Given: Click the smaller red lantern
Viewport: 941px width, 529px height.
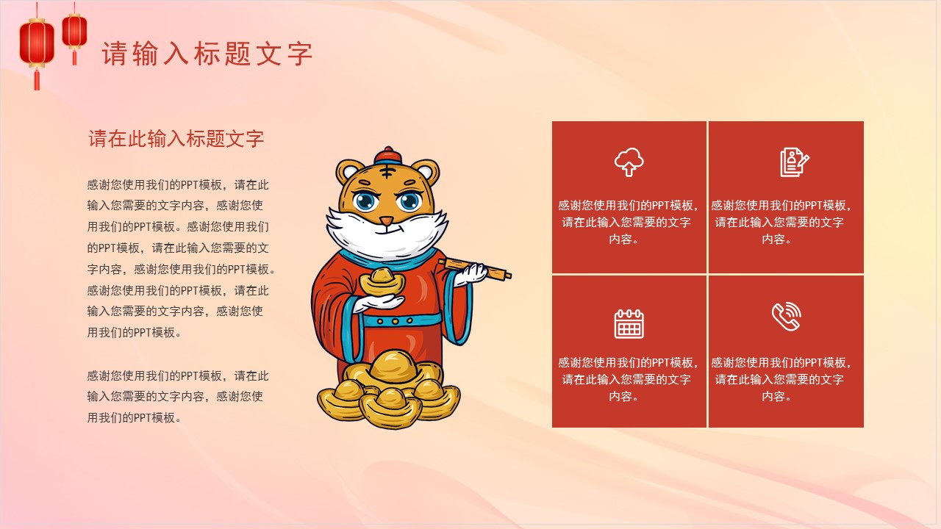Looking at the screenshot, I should (74, 32).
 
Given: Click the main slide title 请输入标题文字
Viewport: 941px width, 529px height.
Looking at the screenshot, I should (207, 54).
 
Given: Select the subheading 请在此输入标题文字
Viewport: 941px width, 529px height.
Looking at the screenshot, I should (176, 139).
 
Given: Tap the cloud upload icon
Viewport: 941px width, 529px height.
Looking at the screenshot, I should (629, 162).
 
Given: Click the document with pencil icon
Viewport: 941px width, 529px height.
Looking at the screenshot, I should (794, 162).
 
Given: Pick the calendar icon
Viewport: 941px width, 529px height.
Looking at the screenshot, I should (629, 323).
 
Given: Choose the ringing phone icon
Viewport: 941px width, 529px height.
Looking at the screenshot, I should (786, 317).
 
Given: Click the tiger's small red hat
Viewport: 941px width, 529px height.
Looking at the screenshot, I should (388, 156).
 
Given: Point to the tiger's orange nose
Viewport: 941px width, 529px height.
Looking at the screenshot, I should (387, 220).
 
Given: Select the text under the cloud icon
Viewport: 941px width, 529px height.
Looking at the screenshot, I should (629, 222).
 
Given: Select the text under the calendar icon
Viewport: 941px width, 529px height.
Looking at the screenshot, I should (629, 379).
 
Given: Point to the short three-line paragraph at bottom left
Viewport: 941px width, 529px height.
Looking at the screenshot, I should (176, 396).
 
